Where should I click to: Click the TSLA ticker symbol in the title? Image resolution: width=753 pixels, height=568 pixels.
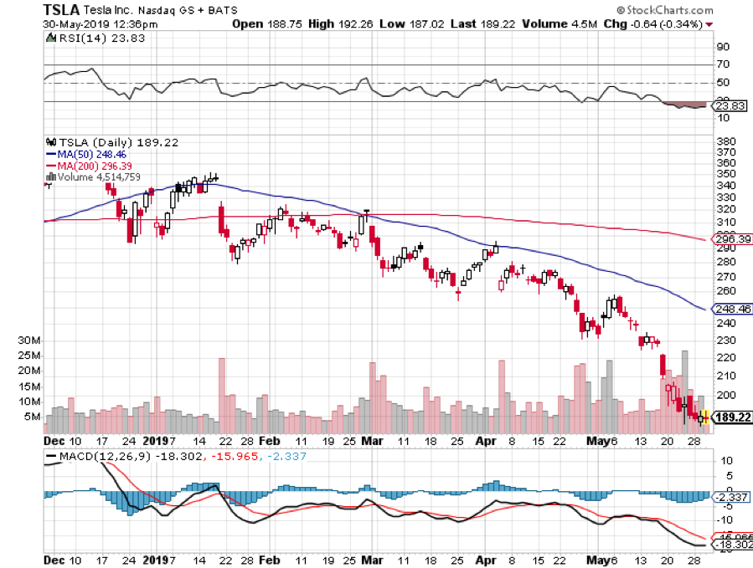[62, 10]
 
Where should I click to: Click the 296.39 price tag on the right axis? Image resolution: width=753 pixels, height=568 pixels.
[730, 238]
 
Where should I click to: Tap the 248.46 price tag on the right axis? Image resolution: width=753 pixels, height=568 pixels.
[730, 309]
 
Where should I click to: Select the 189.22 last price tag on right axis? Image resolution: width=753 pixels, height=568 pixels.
[730, 416]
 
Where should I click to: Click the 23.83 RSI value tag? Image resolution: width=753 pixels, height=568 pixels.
[727, 106]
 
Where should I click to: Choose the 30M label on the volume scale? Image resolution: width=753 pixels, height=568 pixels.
[31, 340]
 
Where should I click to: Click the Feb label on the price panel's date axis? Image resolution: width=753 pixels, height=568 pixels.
[270, 440]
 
